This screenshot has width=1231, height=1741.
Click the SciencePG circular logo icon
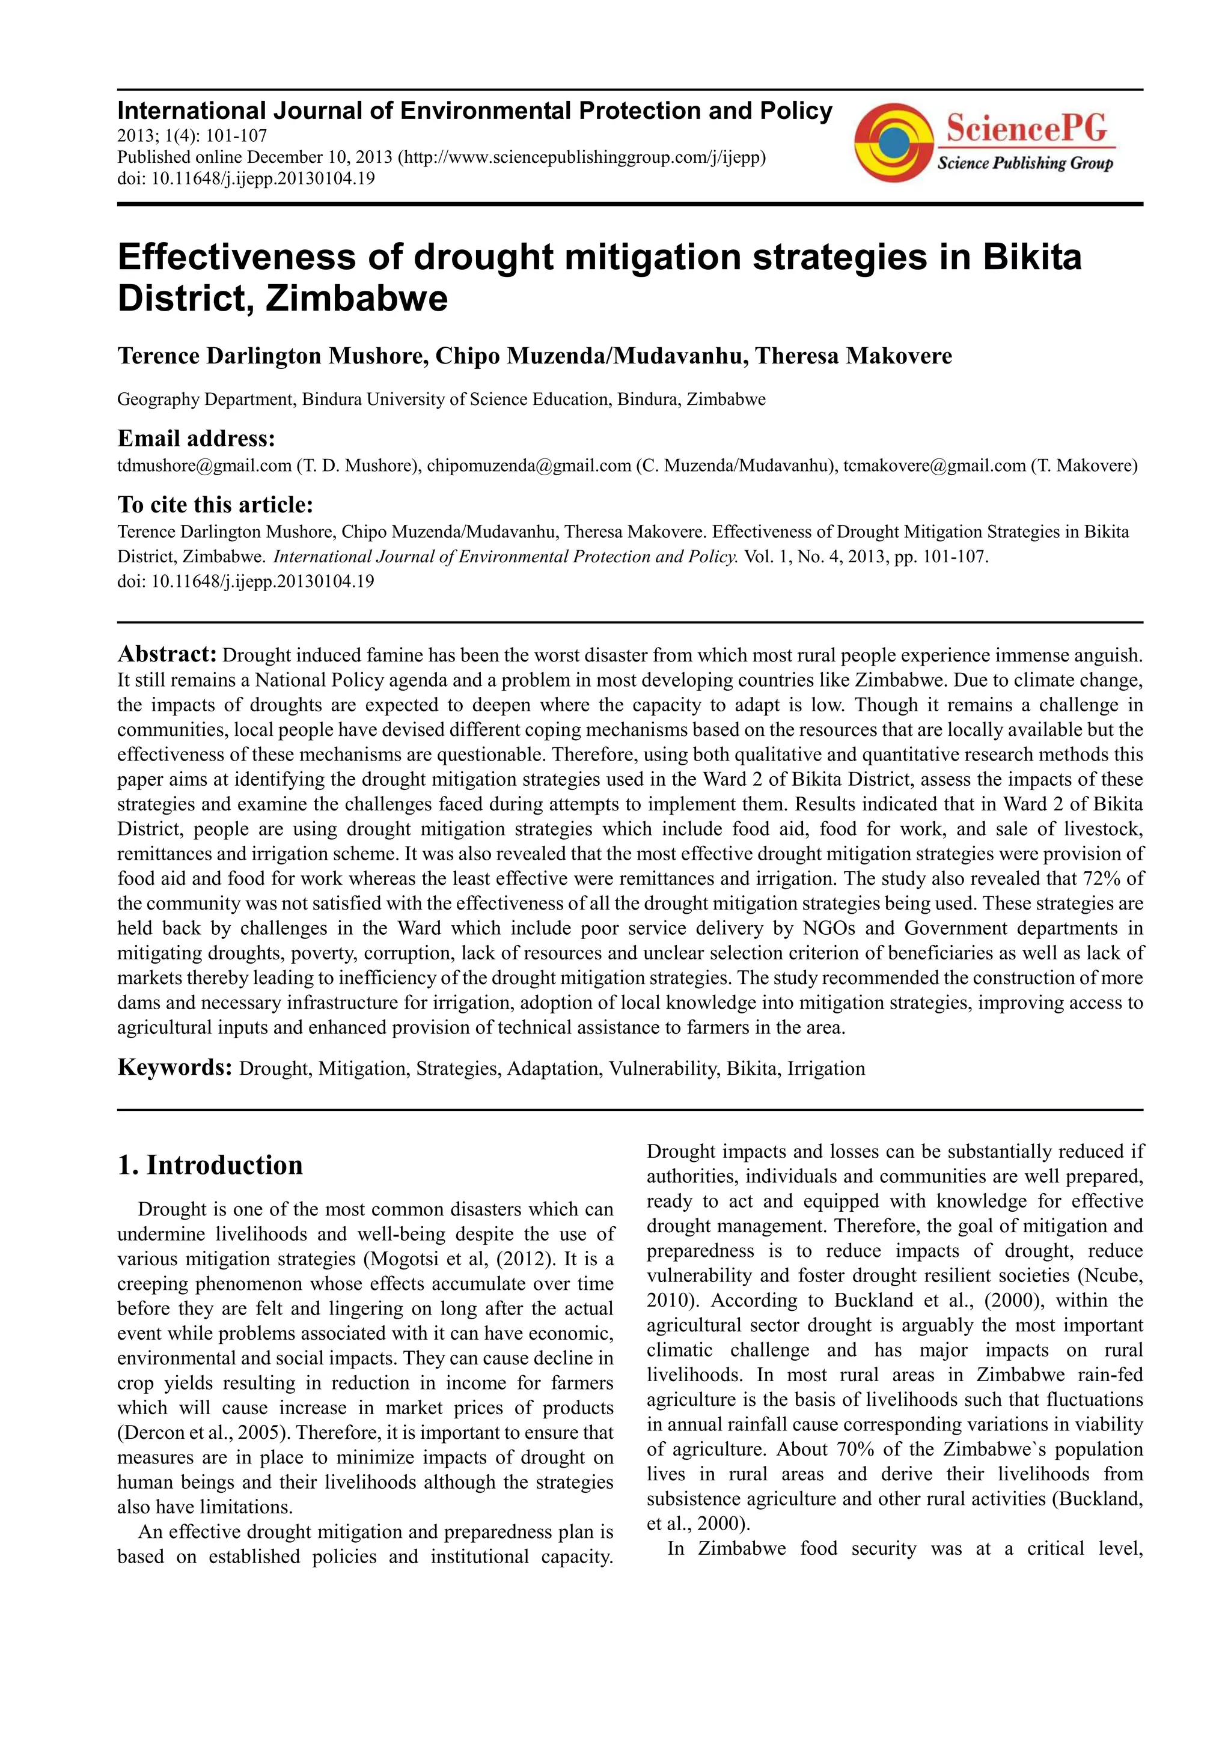click(x=893, y=142)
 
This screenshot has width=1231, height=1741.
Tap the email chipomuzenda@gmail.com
click(x=529, y=466)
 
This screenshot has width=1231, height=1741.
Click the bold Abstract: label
click(x=168, y=654)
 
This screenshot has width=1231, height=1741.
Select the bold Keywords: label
click(x=174, y=1068)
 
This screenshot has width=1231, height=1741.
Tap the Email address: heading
click(x=196, y=439)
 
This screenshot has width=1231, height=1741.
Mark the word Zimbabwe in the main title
click(x=356, y=298)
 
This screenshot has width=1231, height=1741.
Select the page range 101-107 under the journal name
click(x=234, y=136)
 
